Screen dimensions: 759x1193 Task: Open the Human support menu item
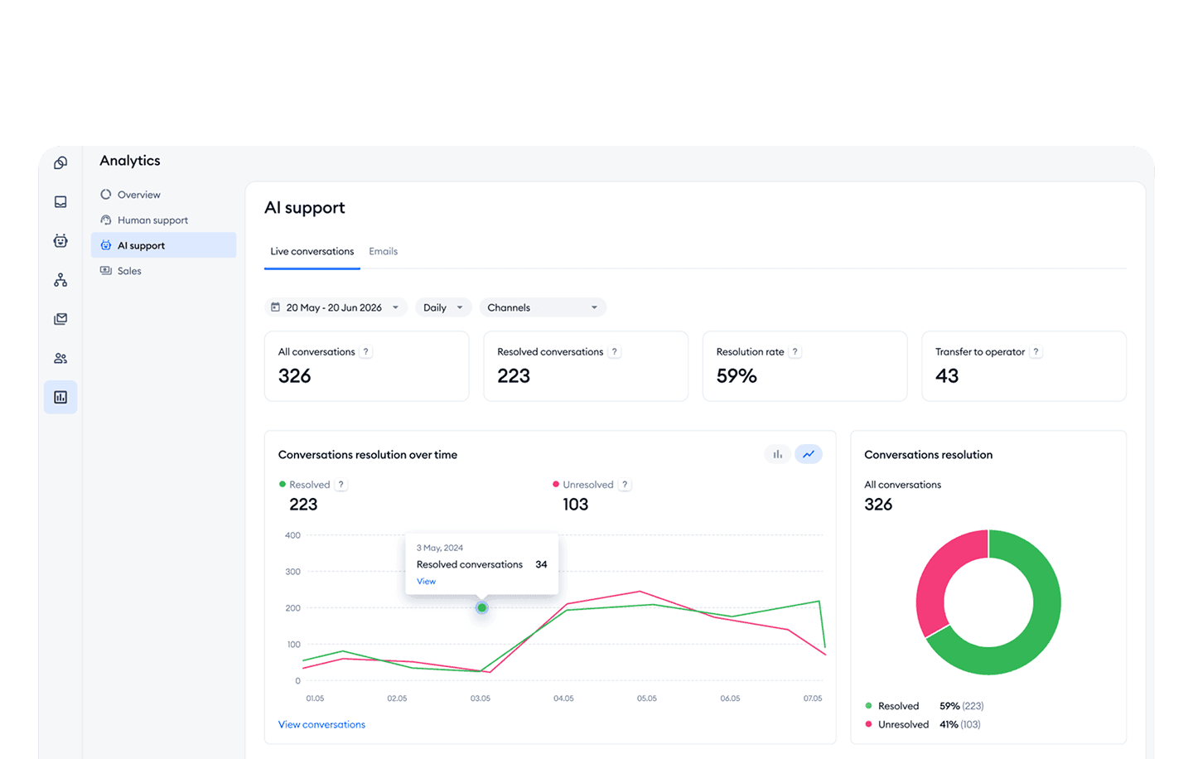click(x=152, y=220)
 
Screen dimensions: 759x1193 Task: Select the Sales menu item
click(x=129, y=271)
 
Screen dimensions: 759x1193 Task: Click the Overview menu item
click(x=138, y=195)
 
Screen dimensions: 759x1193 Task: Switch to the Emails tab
click(x=383, y=251)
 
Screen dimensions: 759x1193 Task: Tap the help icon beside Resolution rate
click(x=795, y=352)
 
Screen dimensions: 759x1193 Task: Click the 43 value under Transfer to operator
click(x=947, y=376)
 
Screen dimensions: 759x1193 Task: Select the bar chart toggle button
click(x=777, y=454)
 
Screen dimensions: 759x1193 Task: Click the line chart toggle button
click(x=809, y=454)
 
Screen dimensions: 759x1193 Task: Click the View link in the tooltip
click(x=426, y=582)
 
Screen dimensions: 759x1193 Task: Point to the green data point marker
click(x=481, y=607)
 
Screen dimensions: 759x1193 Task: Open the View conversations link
click(x=321, y=724)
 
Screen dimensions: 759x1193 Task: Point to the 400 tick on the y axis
click(x=292, y=535)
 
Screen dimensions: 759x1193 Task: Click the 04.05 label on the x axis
click(x=563, y=699)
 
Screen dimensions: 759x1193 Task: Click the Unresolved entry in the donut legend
click(x=903, y=724)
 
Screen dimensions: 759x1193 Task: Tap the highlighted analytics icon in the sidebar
click(x=60, y=398)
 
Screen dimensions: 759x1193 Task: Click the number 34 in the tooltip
click(x=541, y=564)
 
